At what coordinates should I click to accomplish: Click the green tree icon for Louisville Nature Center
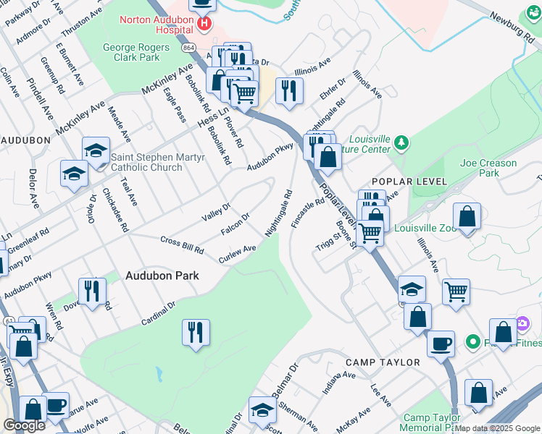coord(403,144)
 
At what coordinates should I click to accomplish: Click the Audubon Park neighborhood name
coord(162,276)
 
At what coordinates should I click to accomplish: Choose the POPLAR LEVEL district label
coord(401,180)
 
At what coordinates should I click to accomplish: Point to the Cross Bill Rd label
coord(182,244)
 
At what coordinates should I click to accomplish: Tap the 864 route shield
coord(188,47)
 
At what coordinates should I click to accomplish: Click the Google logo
coord(24,425)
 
